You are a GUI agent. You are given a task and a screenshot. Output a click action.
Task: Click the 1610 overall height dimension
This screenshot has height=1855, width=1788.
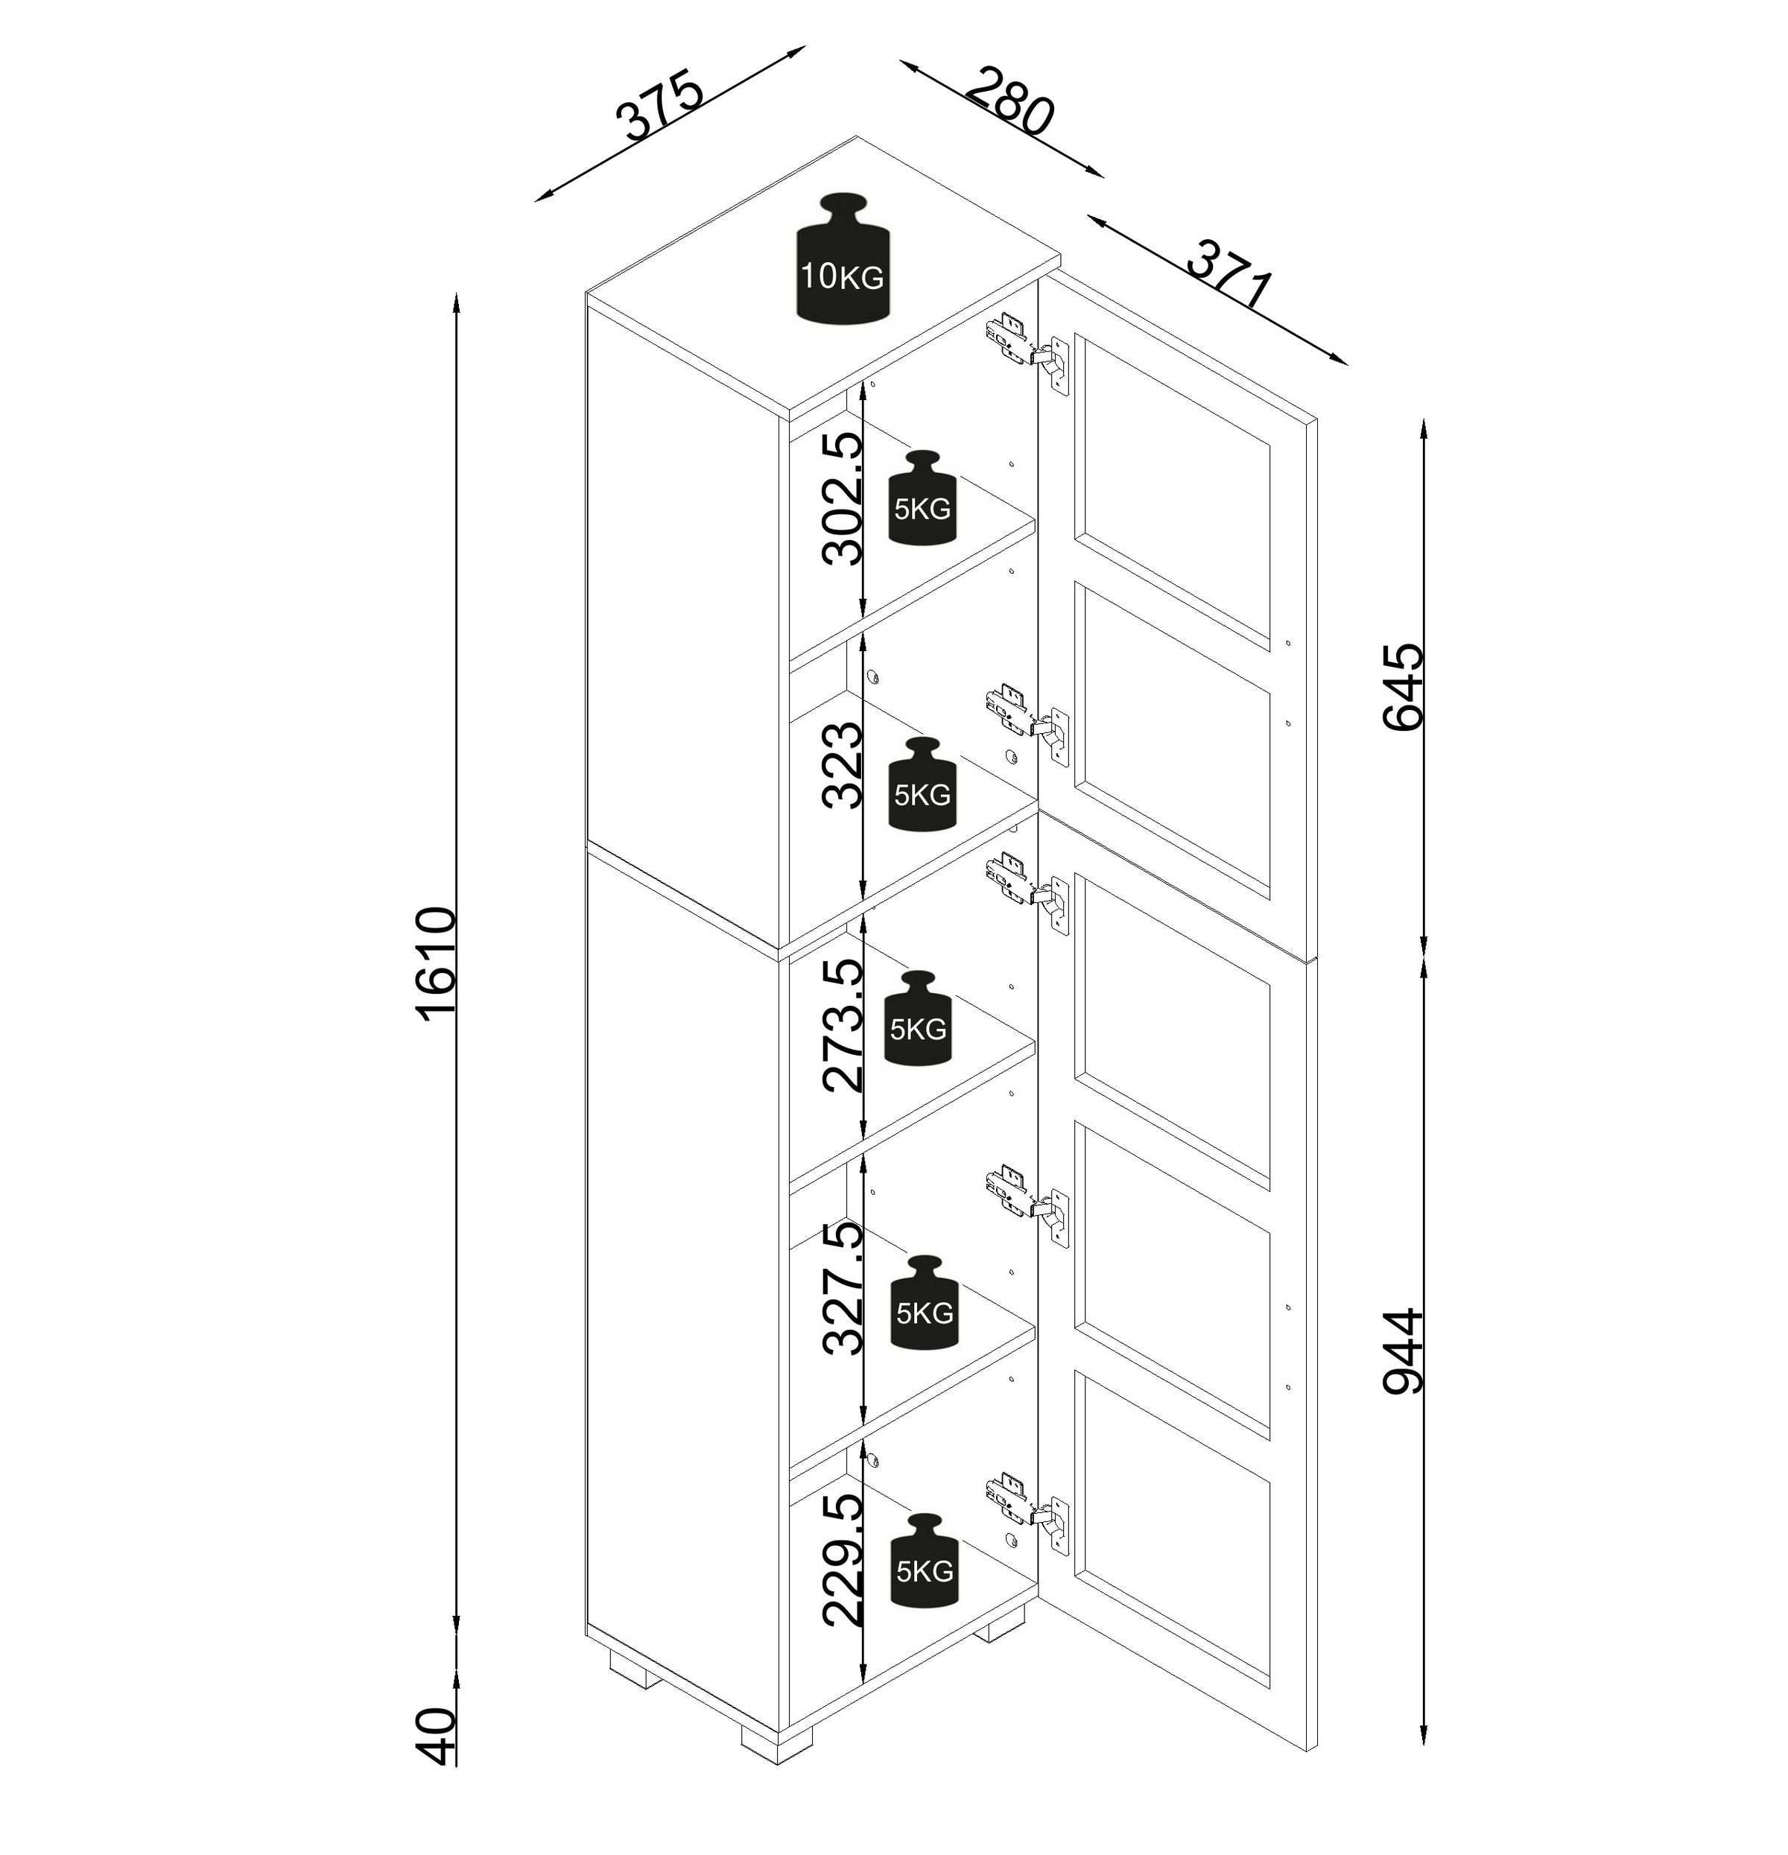437,960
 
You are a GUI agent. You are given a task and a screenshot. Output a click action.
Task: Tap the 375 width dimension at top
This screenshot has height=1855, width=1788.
660,104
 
